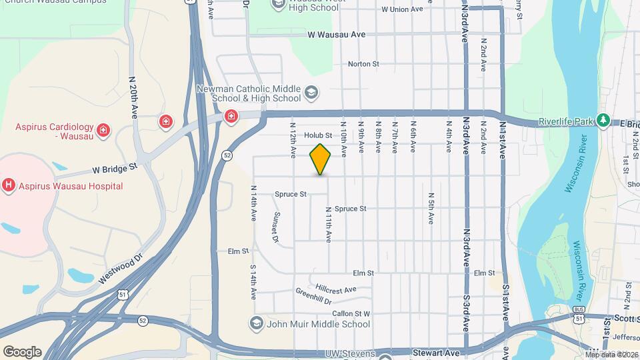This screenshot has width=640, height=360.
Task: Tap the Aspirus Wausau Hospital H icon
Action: (x=9, y=185)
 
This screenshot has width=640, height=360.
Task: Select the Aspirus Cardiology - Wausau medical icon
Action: (x=103, y=129)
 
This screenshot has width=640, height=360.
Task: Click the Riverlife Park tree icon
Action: (x=604, y=120)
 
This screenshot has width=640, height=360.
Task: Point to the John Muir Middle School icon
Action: (x=256, y=324)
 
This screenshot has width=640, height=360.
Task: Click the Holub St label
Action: (x=318, y=135)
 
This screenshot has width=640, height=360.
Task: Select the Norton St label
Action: (x=363, y=64)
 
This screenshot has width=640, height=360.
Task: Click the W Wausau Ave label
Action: (x=337, y=34)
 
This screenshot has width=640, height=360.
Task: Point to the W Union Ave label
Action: (x=402, y=9)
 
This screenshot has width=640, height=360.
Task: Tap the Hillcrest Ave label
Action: (x=336, y=290)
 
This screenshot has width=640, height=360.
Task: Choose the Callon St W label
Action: (x=351, y=313)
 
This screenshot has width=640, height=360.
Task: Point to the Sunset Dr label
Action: (x=275, y=226)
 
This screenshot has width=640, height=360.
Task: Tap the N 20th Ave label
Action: (x=133, y=98)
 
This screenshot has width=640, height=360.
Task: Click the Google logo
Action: (x=22, y=351)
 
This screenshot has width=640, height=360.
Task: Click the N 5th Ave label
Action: (x=431, y=208)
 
